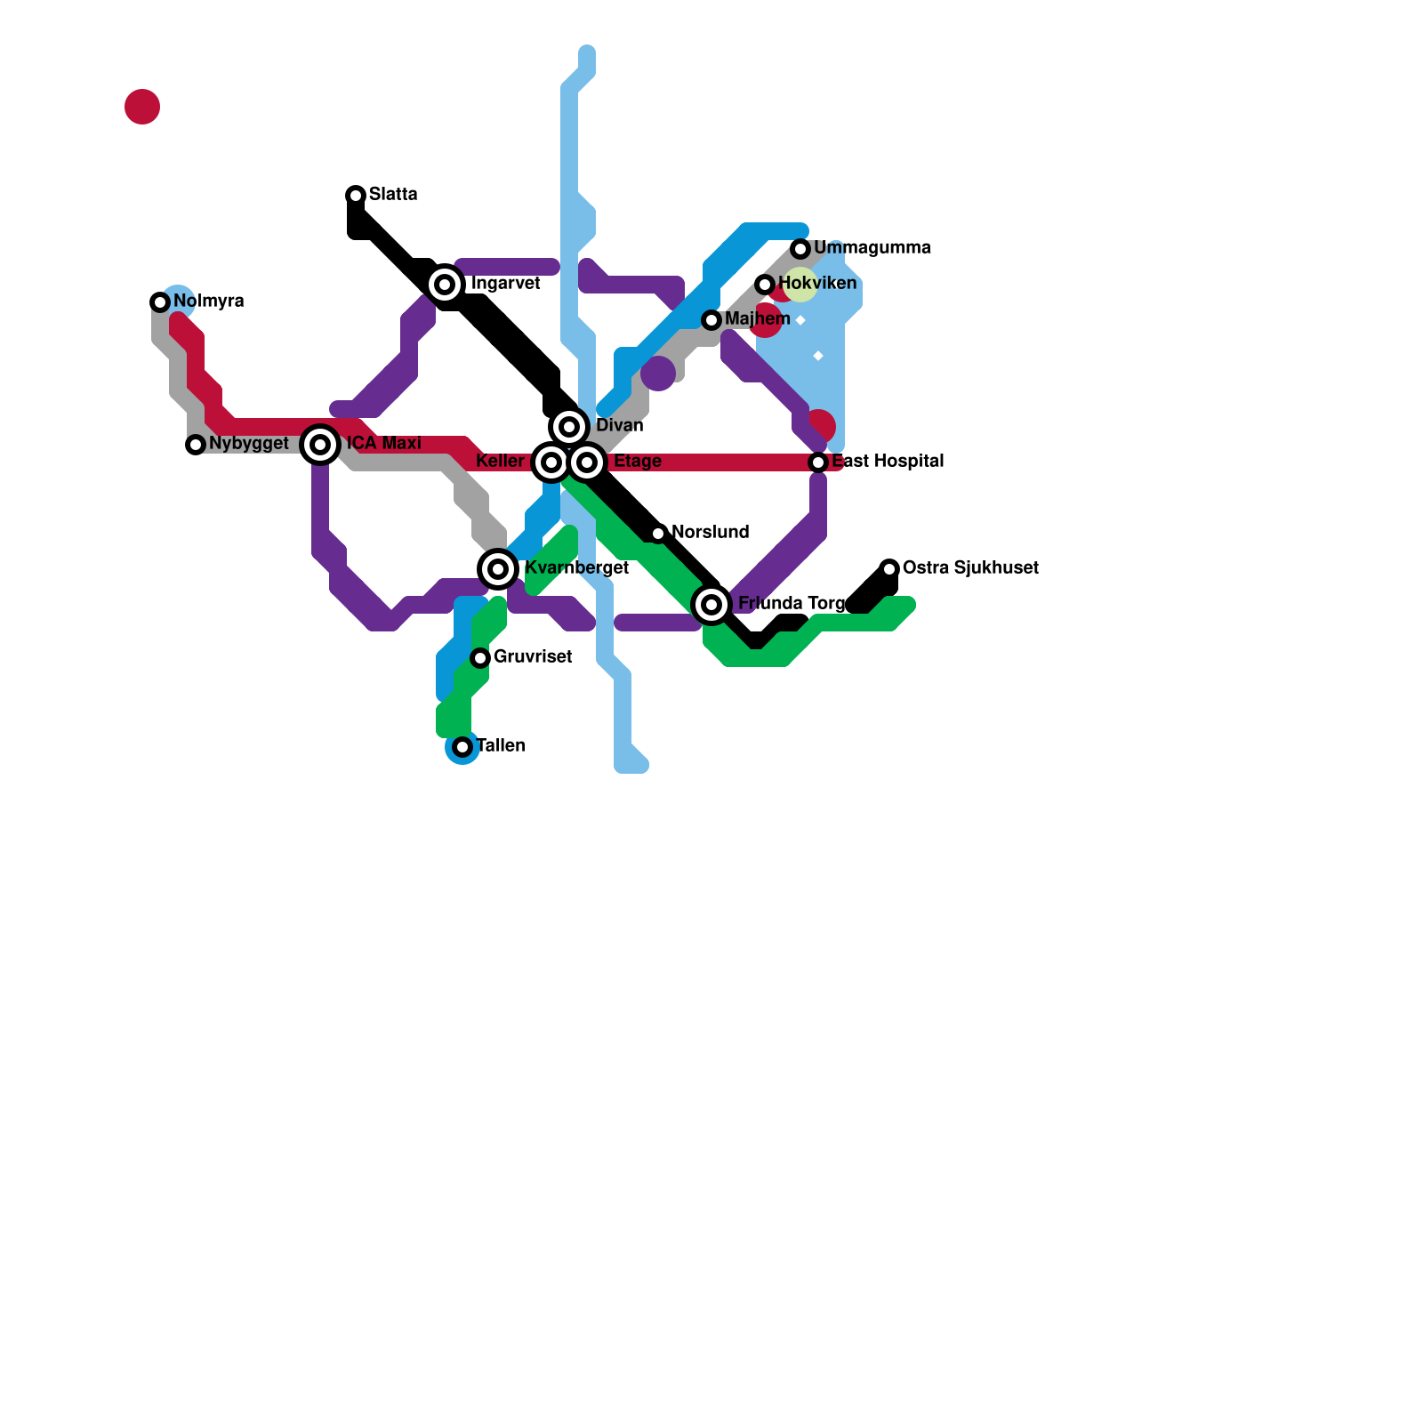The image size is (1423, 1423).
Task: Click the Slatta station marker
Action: (x=356, y=195)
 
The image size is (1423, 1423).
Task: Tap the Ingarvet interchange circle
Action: (x=445, y=285)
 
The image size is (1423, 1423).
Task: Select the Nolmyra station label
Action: (x=209, y=301)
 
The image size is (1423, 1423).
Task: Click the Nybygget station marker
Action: (x=196, y=445)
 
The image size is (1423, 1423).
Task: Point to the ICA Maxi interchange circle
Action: (x=320, y=444)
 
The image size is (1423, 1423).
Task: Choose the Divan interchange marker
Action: (x=569, y=427)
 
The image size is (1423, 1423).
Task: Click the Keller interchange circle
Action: (x=551, y=462)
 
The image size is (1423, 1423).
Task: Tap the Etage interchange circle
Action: (x=587, y=462)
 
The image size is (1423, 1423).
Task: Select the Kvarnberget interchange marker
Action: (x=498, y=569)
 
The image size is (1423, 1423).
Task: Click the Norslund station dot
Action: (x=658, y=534)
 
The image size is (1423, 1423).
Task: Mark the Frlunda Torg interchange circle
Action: (x=711, y=605)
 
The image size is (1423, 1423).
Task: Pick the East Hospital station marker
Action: (x=818, y=462)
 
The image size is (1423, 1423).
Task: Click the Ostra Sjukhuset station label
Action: (x=970, y=568)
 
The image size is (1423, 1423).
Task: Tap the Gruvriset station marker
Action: (x=480, y=658)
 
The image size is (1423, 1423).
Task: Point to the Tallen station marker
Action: (x=462, y=747)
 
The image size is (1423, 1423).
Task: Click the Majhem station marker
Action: (x=711, y=320)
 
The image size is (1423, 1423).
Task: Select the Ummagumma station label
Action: (x=872, y=248)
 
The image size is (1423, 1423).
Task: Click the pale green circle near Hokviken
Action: (x=800, y=285)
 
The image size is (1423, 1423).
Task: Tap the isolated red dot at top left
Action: (x=142, y=107)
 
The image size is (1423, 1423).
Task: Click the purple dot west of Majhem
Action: (x=658, y=374)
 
